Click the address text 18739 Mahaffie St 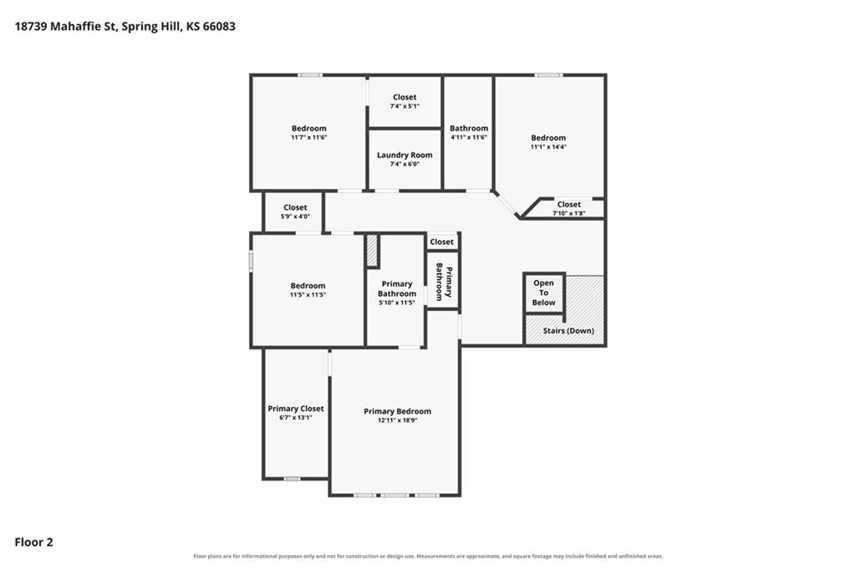click(65, 27)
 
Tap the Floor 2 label click(33, 542)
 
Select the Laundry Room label click(405, 155)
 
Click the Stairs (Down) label click(568, 331)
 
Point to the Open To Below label click(543, 293)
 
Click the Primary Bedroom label click(397, 411)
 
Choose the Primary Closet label click(295, 409)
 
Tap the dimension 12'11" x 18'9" click(397, 420)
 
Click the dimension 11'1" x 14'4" click(548, 147)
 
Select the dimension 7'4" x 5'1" click(405, 106)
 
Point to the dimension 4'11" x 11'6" click(469, 138)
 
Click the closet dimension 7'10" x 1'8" click(568, 213)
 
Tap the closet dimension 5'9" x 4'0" click(295, 216)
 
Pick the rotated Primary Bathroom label click(444, 282)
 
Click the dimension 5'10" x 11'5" click(397, 303)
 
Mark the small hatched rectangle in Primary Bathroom click(372, 251)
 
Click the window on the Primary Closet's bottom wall click(292, 479)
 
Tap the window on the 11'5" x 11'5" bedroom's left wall click(251, 261)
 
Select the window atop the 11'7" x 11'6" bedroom click(309, 74)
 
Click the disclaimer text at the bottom click(428, 557)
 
